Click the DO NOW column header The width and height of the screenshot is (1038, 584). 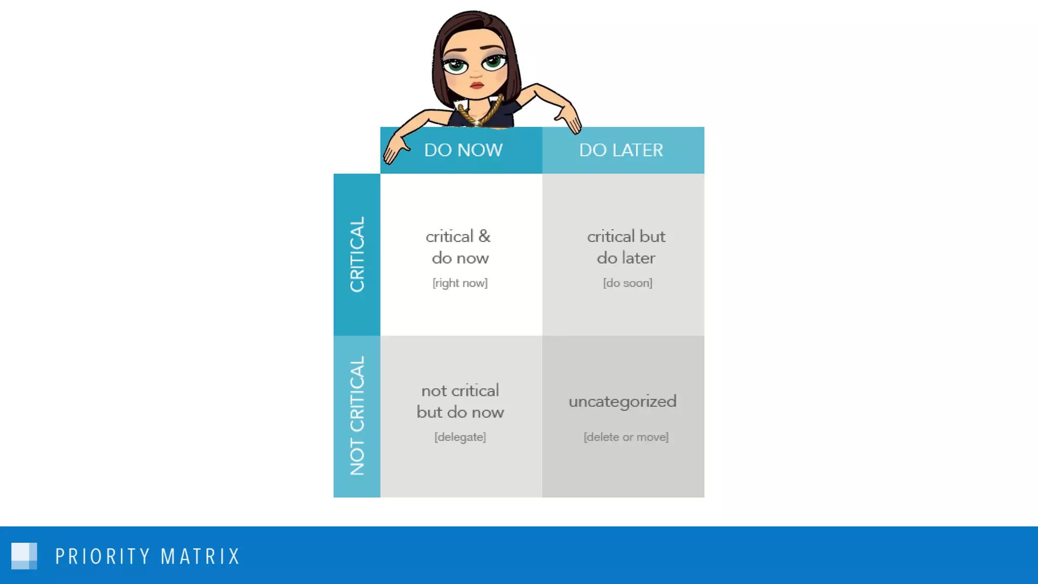(x=463, y=150)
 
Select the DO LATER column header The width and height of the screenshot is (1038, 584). (x=621, y=150)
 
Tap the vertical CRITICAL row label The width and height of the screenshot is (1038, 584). (x=357, y=254)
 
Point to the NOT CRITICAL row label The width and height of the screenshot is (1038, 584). (x=357, y=416)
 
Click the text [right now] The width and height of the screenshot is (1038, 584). (x=460, y=283)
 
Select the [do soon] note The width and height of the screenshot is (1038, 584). (x=627, y=283)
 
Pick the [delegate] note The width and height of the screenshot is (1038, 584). (x=460, y=437)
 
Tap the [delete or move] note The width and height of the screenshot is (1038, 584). (x=626, y=437)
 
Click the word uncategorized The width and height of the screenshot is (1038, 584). (x=622, y=401)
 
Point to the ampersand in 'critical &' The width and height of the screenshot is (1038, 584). (x=485, y=236)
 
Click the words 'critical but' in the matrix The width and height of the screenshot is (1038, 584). (x=626, y=236)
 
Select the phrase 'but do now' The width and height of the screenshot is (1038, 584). (x=460, y=412)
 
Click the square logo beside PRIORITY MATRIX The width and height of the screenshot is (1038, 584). (x=24, y=556)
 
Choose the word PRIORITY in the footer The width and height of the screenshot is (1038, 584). (x=102, y=556)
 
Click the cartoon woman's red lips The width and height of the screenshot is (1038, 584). (x=476, y=85)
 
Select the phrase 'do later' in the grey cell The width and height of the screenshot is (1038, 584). (x=626, y=258)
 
